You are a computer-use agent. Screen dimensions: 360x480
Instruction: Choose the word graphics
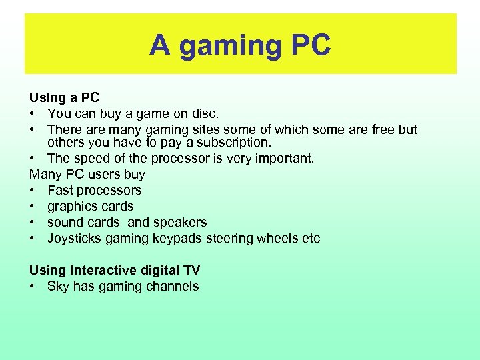[x=71, y=206]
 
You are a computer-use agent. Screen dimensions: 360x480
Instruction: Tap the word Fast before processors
[x=61, y=190]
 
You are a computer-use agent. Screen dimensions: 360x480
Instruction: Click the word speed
[x=90, y=158]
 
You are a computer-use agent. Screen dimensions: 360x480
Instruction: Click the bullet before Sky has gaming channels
[x=33, y=287]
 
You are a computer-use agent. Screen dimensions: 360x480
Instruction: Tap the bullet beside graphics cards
[x=33, y=207]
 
